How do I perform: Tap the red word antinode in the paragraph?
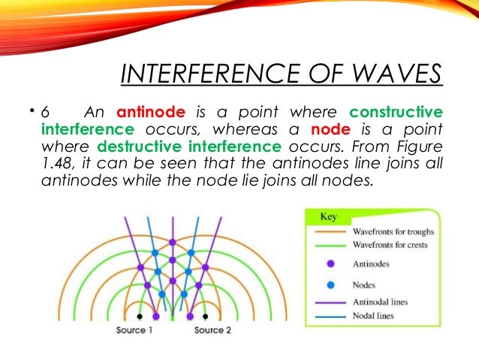[x=158, y=113]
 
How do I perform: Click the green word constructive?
[x=396, y=113]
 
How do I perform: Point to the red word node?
[x=321, y=129]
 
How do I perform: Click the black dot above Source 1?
[x=139, y=316]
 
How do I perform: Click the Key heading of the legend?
[x=329, y=216]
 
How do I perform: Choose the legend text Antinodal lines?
[x=380, y=302]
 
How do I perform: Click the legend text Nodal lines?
[x=373, y=316]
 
